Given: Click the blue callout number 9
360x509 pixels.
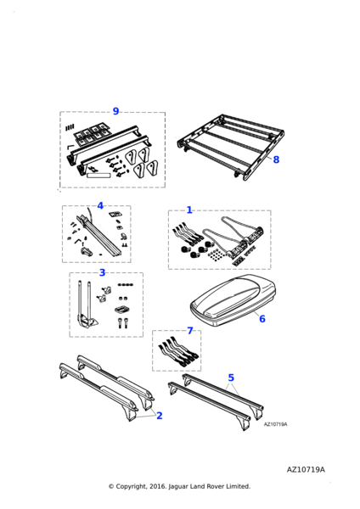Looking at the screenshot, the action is tap(115, 111).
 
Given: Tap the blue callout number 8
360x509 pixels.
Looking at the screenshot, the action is tap(276, 159).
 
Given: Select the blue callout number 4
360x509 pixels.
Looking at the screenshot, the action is tap(100, 206).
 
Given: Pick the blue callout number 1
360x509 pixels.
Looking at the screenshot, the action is tap(189, 210).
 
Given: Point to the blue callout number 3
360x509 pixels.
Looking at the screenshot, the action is tap(103, 272).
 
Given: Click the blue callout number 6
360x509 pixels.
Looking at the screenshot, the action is tap(262, 319).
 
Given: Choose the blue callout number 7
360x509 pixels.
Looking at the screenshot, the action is tap(190, 331).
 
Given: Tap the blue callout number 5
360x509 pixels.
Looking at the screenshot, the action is tap(231, 378).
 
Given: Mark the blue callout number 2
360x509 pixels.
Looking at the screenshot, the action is tap(160, 416).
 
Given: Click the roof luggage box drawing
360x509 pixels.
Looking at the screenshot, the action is tap(233, 301).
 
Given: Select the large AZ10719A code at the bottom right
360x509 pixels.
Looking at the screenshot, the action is tap(306, 470).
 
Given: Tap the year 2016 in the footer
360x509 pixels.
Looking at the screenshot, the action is tap(158, 486).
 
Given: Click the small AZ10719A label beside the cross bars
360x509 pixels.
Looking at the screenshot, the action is tap(276, 424).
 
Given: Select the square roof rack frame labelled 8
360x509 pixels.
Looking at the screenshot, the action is tap(231, 146).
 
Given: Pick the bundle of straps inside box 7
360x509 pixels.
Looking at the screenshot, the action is tap(177, 353).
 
